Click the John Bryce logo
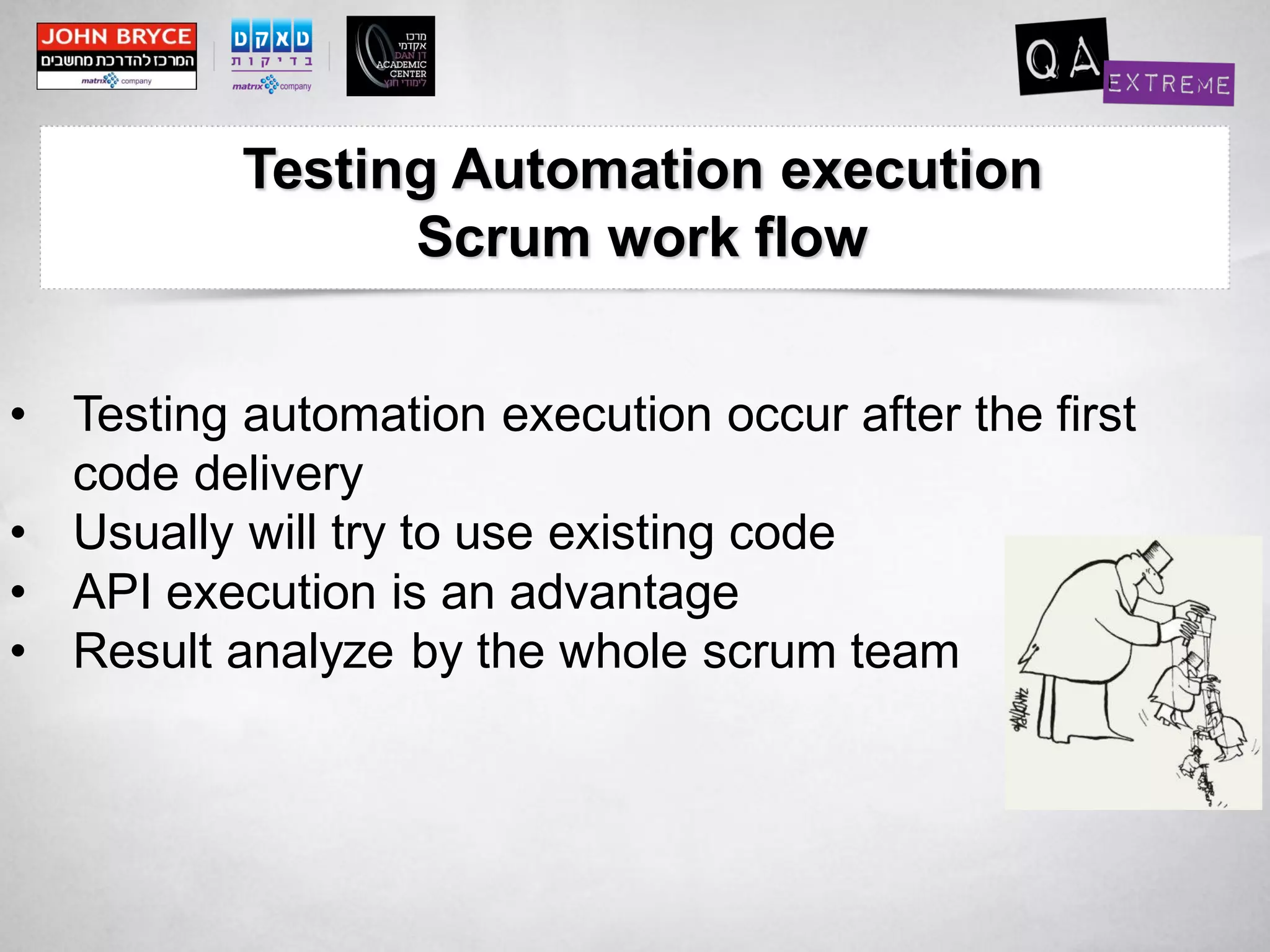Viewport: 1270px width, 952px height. click(117, 56)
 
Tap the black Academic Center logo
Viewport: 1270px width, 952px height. click(390, 56)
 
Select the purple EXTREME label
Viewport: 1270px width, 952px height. click(1168, 84)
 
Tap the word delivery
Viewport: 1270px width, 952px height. click(278, 474)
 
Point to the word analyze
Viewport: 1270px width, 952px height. click(309, 652)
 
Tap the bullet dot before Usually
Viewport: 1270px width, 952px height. click(19, 532)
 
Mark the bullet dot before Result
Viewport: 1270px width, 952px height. click(19, 651)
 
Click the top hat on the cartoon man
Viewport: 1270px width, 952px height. click(1157, 555)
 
